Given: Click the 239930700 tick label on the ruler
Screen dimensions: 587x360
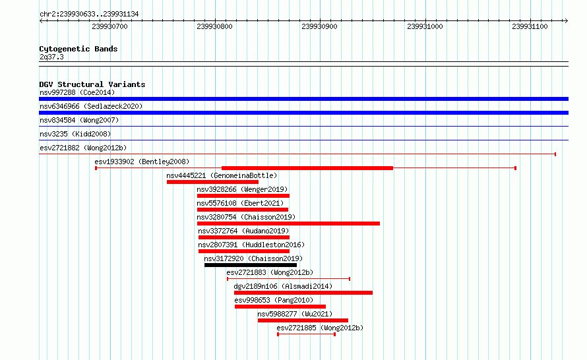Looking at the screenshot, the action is (x=109, y=26).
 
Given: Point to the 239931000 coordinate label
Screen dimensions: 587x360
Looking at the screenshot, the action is (x=425, y=26).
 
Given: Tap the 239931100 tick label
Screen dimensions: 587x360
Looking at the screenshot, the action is (x=530, y=26).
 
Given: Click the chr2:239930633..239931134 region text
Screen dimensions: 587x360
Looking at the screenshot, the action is (x=89, y=14).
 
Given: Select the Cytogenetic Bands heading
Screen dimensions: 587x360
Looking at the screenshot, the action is (x=78, y=49).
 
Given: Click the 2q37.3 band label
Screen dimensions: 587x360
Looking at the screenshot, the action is (x=51, y=57).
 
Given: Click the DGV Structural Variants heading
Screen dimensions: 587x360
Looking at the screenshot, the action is (x=92, y=84).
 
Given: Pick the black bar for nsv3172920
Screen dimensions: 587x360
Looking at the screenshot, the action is (x=251, y=265).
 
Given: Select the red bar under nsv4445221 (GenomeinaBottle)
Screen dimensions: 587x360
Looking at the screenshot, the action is (x=212, y=182).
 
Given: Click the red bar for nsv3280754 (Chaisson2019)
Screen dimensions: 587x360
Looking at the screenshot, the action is (x=288, y=224).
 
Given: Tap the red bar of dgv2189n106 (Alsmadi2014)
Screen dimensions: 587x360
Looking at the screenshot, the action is (x=303, y=293).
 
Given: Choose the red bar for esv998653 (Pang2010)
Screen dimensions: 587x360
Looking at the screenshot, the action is (x=280, y=307).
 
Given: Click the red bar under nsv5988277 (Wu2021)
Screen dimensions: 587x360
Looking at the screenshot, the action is (x=303, y=320).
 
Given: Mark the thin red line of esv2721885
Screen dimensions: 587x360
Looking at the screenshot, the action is (x=306, y=334).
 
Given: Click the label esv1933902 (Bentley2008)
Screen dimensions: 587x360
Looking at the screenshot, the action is (x=142, y=162).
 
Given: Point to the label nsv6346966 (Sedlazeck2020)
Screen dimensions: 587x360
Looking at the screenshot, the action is (x=91, y=106).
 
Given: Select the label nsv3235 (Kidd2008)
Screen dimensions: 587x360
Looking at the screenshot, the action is (x=75, y=134).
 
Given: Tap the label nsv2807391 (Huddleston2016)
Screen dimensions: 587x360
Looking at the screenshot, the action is (x=251, y=245).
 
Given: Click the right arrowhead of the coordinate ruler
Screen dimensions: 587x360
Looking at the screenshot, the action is (x=566, y=20).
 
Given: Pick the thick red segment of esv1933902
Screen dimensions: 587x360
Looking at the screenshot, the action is (x=307, y=168).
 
